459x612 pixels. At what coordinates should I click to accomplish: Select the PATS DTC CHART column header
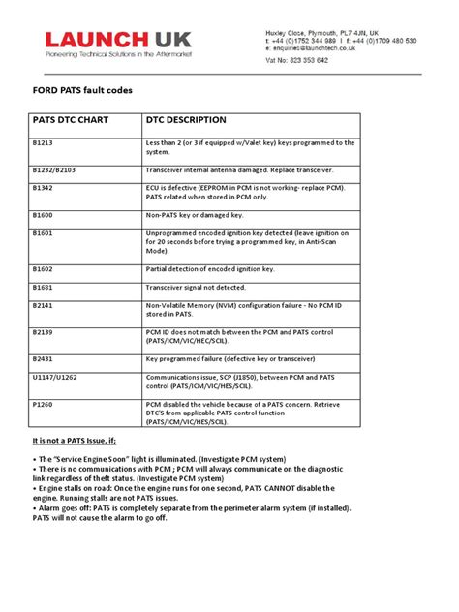point(67,121)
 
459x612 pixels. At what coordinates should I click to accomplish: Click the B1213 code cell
point(43,142)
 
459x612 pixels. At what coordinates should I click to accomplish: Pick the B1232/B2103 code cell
point(54,168)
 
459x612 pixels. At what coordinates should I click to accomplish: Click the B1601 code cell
point(43,232)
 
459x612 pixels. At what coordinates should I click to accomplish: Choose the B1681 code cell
point(43,287)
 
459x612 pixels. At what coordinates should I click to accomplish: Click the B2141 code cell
point(43,305)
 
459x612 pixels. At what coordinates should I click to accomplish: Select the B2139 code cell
point(43,331)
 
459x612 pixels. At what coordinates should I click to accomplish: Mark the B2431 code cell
point(43,357)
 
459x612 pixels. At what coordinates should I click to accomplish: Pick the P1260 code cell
point(43,403)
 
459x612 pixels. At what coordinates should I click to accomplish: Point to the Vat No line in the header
point(297,60)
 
